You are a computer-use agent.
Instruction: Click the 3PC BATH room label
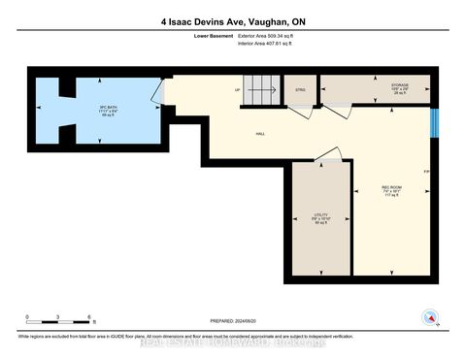94,110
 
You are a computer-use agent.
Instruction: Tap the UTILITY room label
320,218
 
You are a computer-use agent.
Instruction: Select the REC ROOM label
392,190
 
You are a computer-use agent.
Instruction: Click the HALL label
261,133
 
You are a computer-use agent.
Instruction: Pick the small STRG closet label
300,90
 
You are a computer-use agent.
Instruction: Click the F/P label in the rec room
425,173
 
